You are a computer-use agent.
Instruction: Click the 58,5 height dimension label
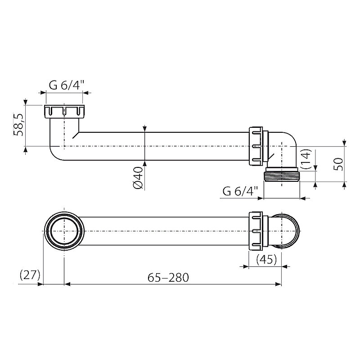pos(19,125)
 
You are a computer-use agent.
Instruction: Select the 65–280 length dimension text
pos(168,277)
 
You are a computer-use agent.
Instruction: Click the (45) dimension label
pos(266,260)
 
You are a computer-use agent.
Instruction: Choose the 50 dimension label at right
pos(339,164)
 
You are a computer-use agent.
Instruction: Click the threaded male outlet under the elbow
pos(282,175)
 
